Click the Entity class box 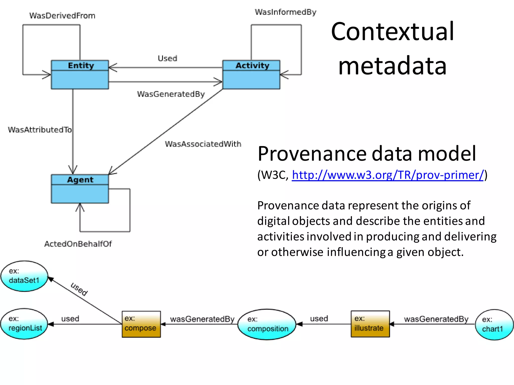point(80,74)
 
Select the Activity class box point(251,74)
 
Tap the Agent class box point(80,189)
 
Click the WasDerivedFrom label point(62,16)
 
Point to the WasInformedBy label point(286,12)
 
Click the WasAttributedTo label point(40,130)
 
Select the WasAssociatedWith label point(203,144)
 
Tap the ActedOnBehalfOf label point(78,244)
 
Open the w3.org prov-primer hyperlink point(388,175)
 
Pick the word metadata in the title point(393,66)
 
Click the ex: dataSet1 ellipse point(24,276)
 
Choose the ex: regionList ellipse point(24,324)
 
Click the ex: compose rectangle point(141,324)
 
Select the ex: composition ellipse point(267,324)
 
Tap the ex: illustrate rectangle point(370,324)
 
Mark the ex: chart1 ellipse point(494,325)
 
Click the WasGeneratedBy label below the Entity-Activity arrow point(171,94)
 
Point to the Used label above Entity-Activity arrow point(167,58)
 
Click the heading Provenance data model point(367,153)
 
